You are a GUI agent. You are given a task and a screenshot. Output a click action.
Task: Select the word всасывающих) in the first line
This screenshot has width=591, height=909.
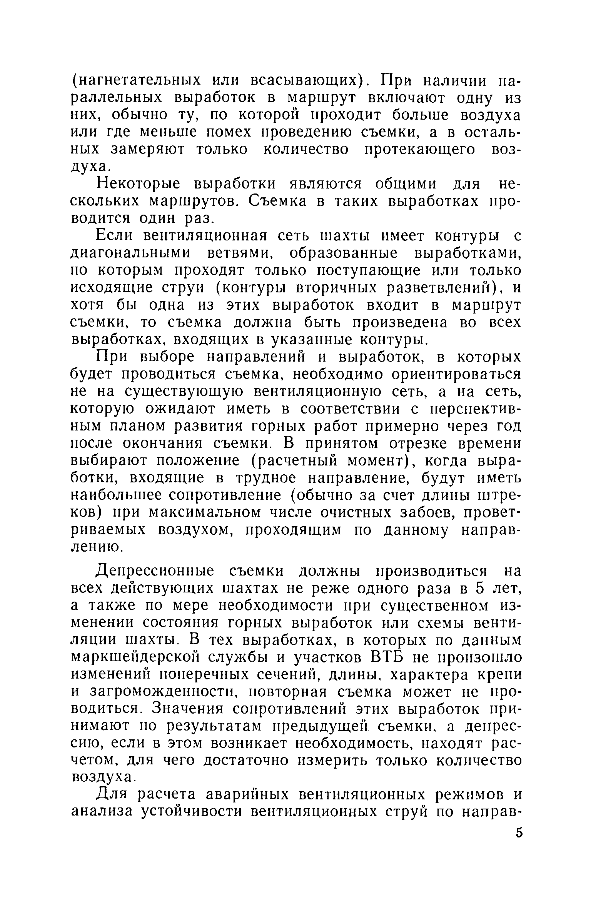click(x=311, y=81)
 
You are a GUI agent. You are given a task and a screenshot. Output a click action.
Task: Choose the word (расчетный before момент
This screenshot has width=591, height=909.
click(x=298, y=461)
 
